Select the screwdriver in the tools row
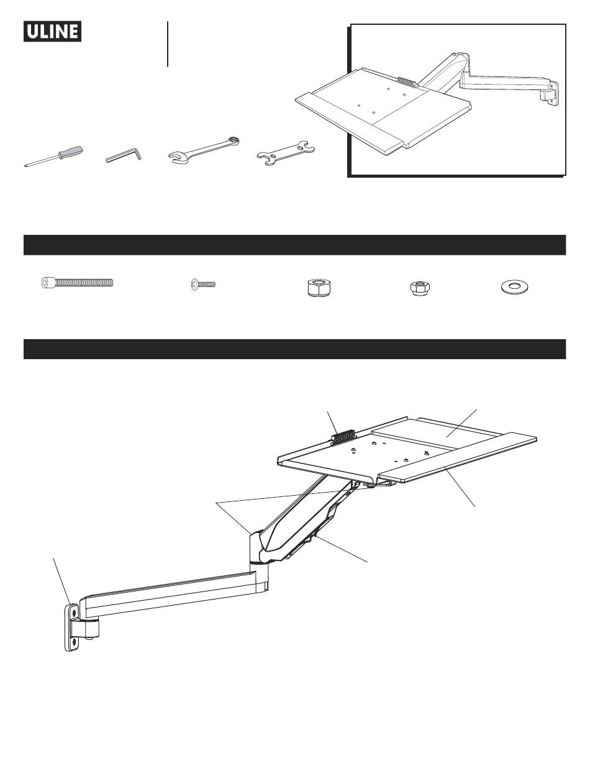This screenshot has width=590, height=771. (54, 156)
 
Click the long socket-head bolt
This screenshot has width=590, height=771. (78, 282)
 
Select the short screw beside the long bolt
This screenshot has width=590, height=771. (201, 285)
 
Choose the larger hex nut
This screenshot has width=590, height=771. (317, 289)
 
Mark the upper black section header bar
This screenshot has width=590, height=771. (294, 245)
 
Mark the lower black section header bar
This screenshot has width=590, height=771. (294, 349)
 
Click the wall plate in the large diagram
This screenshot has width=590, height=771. (73, 627)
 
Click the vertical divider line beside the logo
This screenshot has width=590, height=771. (168, 43)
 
